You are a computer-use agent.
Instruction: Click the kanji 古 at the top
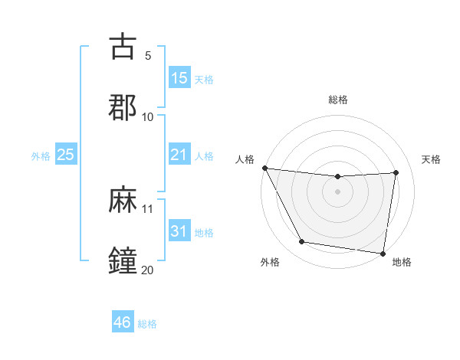pos(123,47)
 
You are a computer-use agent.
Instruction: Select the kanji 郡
pos(123,106)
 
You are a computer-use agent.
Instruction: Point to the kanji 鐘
pos(123,260)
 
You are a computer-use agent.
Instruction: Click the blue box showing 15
pos(179,78)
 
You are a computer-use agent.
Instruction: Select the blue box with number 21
pos(179,155)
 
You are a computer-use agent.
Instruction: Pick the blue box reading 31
pos(179,231)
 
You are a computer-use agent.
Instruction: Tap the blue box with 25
pos(66,155)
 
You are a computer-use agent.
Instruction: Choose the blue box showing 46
pos(123,322)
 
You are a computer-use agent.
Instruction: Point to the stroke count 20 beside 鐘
pos(148,269)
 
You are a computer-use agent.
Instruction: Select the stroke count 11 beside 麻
pos(148,208)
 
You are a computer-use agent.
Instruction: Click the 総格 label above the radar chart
pos(338,100)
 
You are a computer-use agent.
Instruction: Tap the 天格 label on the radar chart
pos(432,159)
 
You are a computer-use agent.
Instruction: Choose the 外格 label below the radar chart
pos(270,262)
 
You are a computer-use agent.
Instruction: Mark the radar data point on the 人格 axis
pos(265,168)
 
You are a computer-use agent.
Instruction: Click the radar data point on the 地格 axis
pos(383,253)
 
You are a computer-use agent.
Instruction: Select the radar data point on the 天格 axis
pos(396,172)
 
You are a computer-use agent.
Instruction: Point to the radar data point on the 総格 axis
pos(338,177)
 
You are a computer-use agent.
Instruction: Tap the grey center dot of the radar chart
pos(338,191)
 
